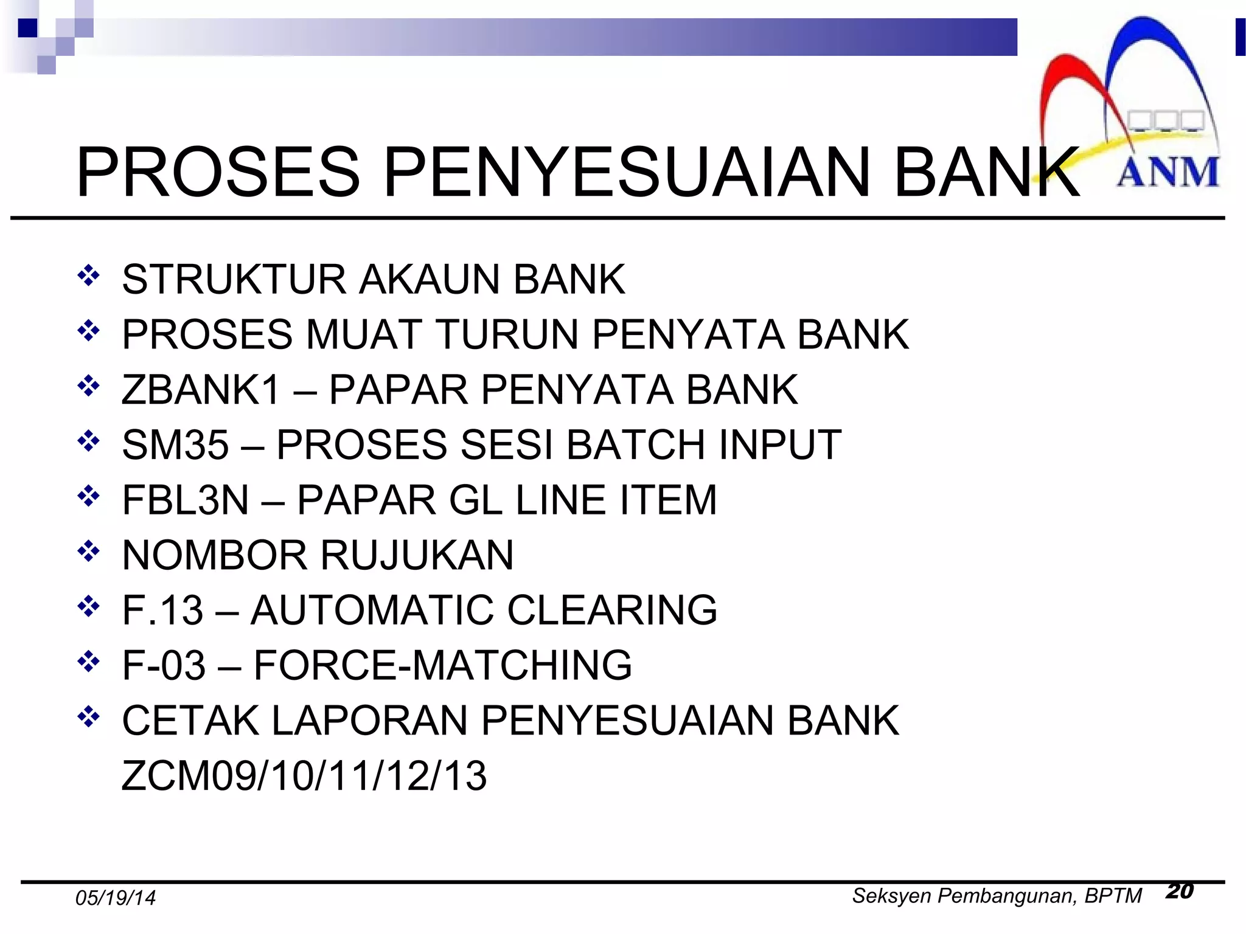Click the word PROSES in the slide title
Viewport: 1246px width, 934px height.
point(218,173)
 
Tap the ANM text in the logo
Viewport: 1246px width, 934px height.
point(1168,173)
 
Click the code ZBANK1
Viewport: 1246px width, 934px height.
point(201,390)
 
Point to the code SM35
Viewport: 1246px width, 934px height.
point(175,445)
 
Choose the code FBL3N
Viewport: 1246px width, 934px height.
point(186,500)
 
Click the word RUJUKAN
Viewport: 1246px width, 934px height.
point(417,555)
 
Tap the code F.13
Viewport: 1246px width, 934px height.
point(162,610)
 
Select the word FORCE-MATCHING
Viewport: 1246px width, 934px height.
point(442,665)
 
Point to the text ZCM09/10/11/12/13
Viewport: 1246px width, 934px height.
point(304,776)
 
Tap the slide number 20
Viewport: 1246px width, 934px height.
point(1180,891)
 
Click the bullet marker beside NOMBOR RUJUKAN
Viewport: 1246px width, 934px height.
point(89,552)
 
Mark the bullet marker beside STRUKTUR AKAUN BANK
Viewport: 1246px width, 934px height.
point(89,276)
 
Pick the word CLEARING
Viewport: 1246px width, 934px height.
point(612,610)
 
